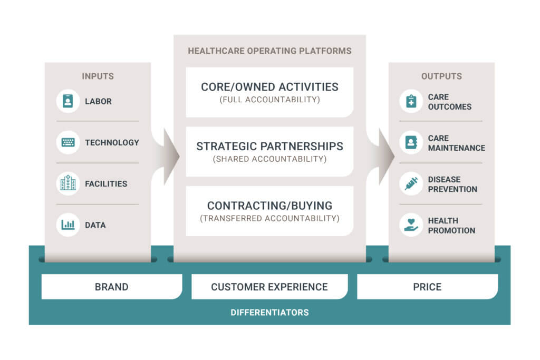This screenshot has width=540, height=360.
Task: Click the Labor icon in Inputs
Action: (67, 101)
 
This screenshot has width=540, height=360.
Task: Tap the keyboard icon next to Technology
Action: (67, 142)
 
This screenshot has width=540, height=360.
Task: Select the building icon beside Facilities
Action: (67, 183)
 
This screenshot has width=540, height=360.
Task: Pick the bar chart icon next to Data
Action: (67, 225)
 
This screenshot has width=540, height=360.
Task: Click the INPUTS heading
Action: (98, 76)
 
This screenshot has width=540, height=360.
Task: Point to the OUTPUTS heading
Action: (441, 76)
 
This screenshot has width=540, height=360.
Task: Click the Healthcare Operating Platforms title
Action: (269, 51)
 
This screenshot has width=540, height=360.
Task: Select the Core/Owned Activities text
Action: (269, 87)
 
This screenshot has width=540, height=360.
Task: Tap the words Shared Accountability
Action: (269, 159)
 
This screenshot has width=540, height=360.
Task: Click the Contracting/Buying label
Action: (269, 206)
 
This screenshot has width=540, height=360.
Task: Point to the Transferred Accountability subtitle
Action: (269, 218)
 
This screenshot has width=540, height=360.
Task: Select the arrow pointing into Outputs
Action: (385, 156)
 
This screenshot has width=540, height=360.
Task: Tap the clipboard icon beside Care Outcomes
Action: (411, 101)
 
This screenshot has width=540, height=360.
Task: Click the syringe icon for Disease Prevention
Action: (411, 183)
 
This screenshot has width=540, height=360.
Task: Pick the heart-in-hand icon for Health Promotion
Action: (411, 225)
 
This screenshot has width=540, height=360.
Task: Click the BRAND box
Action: (111, 287)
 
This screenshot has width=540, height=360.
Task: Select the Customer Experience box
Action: (269, 287)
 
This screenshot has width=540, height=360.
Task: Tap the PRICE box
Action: (427, 287)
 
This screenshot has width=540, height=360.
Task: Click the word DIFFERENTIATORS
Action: (269, 313)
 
